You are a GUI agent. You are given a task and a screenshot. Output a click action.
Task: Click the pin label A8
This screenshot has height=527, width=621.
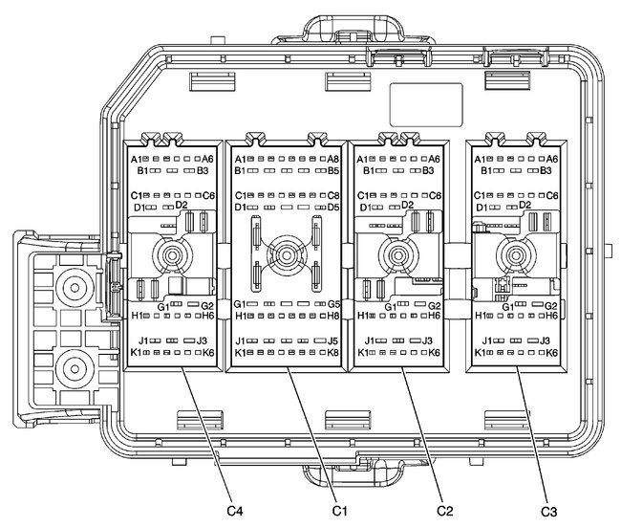333,159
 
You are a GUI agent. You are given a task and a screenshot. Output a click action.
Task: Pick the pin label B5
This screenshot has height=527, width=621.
333,172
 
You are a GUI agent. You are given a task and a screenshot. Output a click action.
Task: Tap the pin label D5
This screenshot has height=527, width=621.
333,207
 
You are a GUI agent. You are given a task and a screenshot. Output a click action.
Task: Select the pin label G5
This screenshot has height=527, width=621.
333,304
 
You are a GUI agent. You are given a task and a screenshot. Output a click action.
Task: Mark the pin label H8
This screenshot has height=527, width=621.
333,316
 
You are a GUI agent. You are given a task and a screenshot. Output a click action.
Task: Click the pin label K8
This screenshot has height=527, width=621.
333,353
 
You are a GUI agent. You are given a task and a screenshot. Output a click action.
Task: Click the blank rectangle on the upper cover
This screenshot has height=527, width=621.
425,101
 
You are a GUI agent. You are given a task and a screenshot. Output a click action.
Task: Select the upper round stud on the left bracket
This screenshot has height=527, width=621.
70,286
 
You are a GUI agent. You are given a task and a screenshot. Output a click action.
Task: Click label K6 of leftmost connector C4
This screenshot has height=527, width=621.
207,353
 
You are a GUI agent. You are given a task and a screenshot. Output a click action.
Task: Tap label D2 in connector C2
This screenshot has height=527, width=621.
408,205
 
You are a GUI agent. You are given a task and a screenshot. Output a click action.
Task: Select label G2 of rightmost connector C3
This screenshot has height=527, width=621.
551,305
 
